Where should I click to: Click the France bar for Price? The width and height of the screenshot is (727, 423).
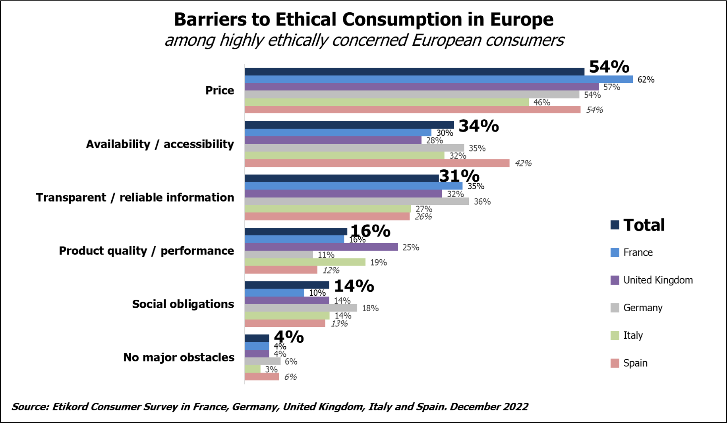(439, 80)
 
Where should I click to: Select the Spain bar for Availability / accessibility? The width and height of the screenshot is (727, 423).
(377, 163)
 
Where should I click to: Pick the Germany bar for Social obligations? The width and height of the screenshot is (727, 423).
(301, 308)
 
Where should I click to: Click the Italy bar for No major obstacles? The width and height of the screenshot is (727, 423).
(253, 369)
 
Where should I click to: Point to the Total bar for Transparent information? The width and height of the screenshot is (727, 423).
(342, 179)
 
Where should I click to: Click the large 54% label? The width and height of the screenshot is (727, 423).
(609, 67)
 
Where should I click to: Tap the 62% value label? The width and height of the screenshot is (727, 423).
(646, 80)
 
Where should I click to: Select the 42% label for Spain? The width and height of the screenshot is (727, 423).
(523, 163)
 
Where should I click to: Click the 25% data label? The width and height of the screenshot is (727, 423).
(410, 248)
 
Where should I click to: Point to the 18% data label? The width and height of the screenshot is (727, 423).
(370, 309)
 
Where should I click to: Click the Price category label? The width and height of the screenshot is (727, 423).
(219, 91)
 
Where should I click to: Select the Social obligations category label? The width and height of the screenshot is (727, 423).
(183, 304)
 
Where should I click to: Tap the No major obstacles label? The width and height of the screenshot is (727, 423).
(178, 357)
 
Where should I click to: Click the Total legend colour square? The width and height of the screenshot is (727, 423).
(615, 225)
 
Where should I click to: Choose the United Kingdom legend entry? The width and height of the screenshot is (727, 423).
(657, 280)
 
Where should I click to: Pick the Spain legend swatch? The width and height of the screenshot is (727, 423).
(615, 363)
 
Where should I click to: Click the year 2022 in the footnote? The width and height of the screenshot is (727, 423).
(515, 407)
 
